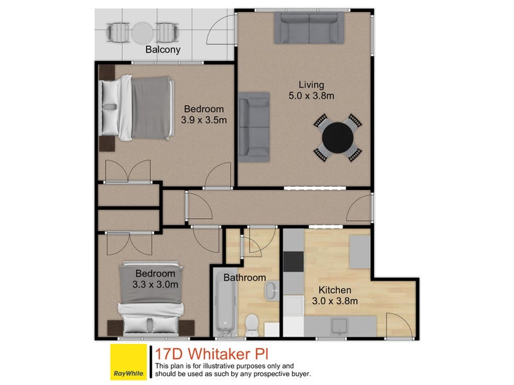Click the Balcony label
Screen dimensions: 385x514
click(162, 49)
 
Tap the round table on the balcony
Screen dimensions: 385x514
click(142, 31)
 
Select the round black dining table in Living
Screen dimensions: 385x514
click(337, 136)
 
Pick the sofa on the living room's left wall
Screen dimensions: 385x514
click(253, 126)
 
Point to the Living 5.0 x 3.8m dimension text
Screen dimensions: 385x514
click(311, 96)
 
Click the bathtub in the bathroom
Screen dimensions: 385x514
click(225, 306)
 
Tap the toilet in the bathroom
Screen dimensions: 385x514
click(253, 324)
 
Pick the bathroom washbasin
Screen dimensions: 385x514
click(270, 291)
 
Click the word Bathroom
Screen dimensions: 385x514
click(244, 278)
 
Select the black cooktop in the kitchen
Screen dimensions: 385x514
click(293, 261)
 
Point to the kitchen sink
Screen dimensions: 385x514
click(340, 329)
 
